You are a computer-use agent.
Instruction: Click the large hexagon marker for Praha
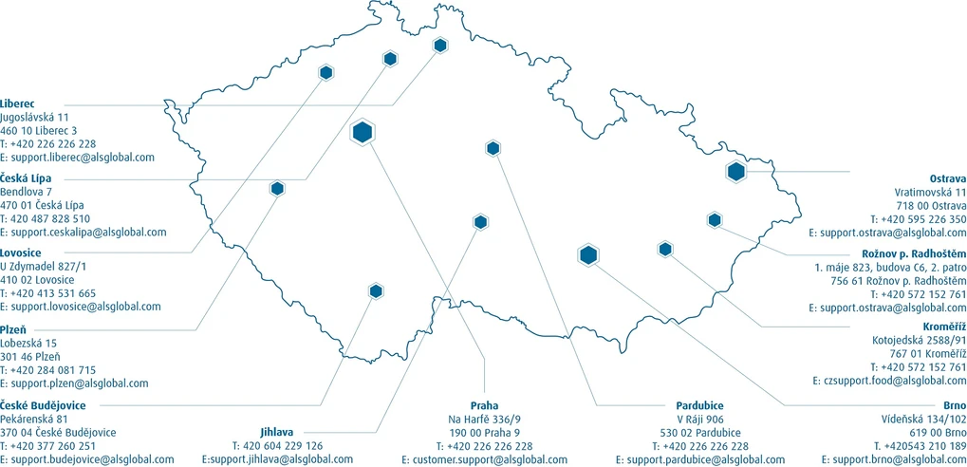pyautogui.click(x=362, y=133)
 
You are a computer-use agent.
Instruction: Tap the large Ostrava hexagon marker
pyautogui.click(x=735, y=172)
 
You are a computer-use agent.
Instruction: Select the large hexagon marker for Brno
pyautogui.click(x=588, y=254)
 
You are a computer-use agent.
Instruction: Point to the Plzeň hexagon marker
pyautogui.click(x=277, y=188)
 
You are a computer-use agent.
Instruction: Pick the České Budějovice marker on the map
pyautogui.click(x=376, y=291)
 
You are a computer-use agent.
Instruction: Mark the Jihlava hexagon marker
pyautogui.click(x=480, y=222)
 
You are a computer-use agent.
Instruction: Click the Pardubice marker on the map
pyautogui.click(x=493, y=147)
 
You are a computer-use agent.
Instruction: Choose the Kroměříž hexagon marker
pyautogui.click(x=664, y=249)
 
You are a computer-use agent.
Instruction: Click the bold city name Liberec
pyautogui.click(x=18, y=103)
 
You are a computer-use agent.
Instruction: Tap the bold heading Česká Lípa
pyautogui.click(x=26, y=178)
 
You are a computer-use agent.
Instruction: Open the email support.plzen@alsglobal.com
pyautogui.click(x=74, y=383)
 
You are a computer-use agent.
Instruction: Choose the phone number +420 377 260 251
pyautogui.click(x=48, y=445)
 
